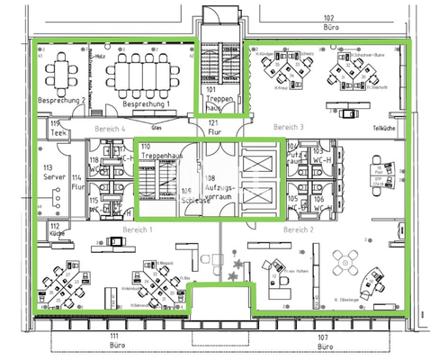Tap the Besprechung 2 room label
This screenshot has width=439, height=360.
pos(61,101)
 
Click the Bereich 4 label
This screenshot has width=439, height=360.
pos(109,130)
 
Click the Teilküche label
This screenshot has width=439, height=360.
pos(384,128)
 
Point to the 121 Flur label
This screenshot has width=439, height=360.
pos(213,127)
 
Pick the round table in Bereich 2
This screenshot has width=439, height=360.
pos(343,264)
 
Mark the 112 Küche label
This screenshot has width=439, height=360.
pos(56,228)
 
